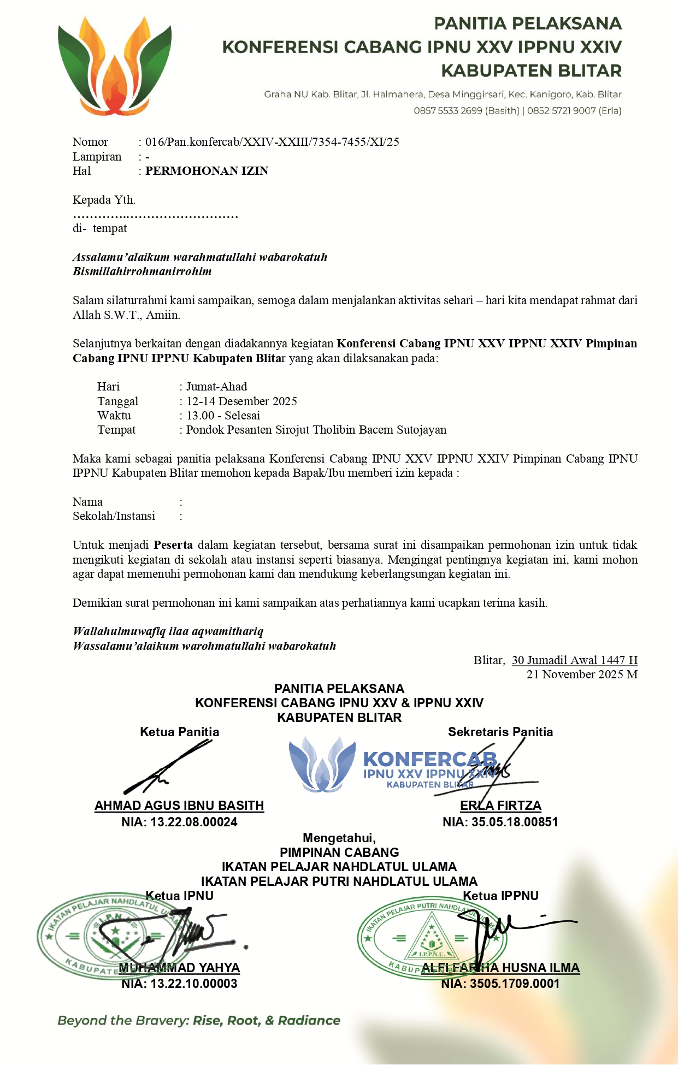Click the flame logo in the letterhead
tap(115, 66)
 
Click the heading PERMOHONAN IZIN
tap(207, 171)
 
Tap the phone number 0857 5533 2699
tap(448, 110)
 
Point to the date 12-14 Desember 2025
tap(241, 401)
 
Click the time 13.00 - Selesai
tap(223, 416)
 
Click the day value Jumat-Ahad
tap(216, 387)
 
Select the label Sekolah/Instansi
tap(114, 516)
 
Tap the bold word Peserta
tap(173, 545)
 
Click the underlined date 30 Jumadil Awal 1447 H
tap(574, 660)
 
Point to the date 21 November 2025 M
tap(582, 674)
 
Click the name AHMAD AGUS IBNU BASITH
tap(179, 806)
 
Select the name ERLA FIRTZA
tap(500, 806)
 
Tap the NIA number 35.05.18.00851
tap(514, 822)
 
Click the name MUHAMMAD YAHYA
tap(179, 968)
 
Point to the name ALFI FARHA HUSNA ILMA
tap(500, 968)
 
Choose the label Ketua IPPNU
tap(500, 896)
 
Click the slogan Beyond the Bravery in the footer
tap(199, 1020)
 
